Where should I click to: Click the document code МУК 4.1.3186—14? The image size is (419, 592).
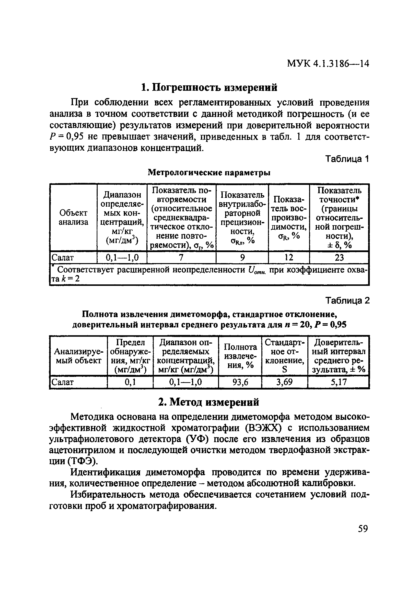[x=328, y=63]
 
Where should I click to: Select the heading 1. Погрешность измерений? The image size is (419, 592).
[x=209, y=87]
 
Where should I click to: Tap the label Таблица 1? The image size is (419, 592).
[x=347, y=159]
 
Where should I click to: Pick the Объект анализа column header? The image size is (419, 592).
[x=73, y=217]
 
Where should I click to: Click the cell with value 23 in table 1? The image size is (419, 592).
[x=339, y=257]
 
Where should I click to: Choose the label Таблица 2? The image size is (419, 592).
[x=347, y=300]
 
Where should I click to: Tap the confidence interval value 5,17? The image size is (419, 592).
[x=338, y=382]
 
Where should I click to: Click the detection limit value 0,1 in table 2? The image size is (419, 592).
[x=130, y=382]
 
